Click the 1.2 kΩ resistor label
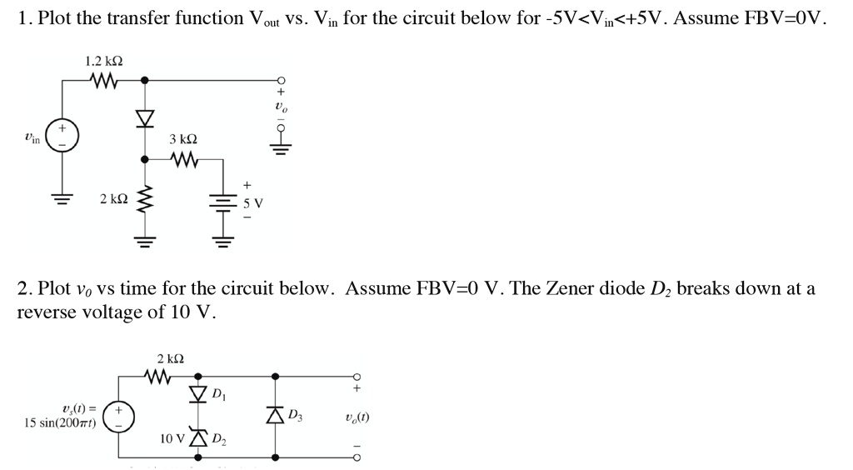click(x=104, y=61)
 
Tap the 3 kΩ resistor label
click(x=183, y=138)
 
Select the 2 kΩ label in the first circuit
click(x=113, y=199)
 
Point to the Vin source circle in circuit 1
click(x=61, y=135)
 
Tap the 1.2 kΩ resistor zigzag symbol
click(x=105, y=81)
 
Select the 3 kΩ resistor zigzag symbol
click(x=184, y=157)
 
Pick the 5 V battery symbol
click(x=222, y=203)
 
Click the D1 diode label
click(x=218, y=393)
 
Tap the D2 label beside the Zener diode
click(x=219, y=438)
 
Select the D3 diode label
click(x=295, y=415)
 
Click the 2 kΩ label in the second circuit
click(x=170, y=359)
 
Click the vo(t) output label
click(x=356, y=417)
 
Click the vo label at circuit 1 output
click(x=280, y=107)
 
